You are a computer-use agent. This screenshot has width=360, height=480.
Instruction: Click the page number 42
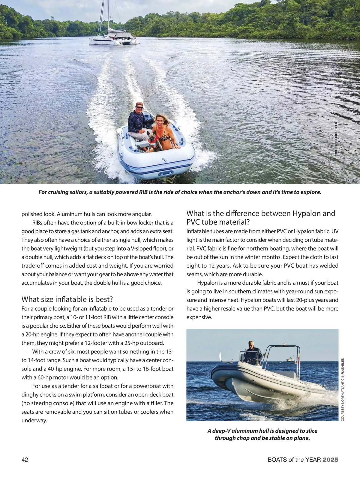25,460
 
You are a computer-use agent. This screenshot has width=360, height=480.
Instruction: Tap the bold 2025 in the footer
330,460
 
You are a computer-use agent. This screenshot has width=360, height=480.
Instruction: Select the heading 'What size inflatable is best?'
67,299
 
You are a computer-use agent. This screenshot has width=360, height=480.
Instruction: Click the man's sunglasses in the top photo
139,107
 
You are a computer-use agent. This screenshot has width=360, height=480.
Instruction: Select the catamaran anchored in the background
114,40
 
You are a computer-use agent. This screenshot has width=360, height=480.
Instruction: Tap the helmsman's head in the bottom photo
251,344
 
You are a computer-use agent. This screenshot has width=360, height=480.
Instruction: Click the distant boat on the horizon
290,359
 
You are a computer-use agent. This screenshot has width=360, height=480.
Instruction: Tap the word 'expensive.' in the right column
199,317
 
